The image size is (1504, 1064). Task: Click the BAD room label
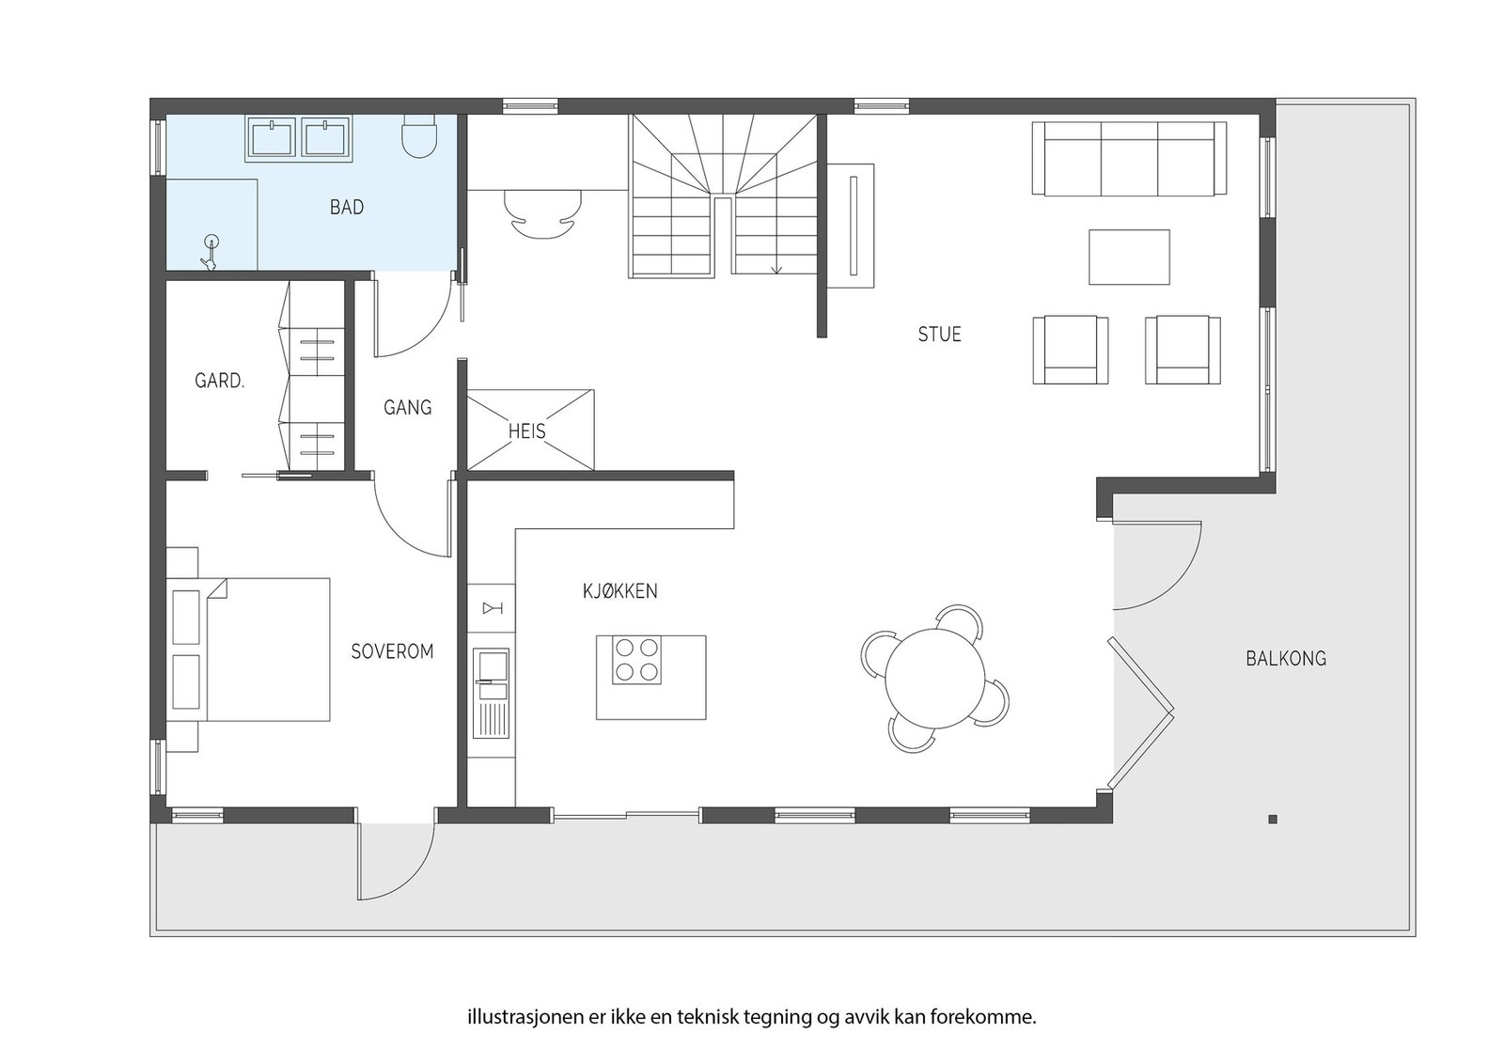click(x=347, y=207)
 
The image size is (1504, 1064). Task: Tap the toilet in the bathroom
click(x=419, y=136)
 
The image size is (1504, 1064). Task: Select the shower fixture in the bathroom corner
click(x=211, y=253)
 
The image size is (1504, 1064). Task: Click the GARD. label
click(x=220, y=382)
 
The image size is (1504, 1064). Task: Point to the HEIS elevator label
click(x=527, y=431)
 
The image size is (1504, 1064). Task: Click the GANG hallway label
click(x=408, y=408)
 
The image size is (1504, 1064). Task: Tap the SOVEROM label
click(x=392, y=651)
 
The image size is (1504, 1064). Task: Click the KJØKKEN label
click(x=619, y=590)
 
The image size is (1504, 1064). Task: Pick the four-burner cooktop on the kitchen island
click(x=636, y=660)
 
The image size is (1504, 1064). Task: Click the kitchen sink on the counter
click(x=492, y=692)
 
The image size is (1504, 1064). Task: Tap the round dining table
click(x=935, y=678)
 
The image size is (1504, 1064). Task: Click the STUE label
click(x=939, y=335)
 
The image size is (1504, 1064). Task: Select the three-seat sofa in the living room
click(x=1129, y=159)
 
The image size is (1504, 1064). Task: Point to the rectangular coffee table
click(x=1129, y=258)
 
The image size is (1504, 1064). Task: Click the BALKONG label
click(x=1286, y=659)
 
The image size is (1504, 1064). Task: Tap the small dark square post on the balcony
click(x=1273, y=819)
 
